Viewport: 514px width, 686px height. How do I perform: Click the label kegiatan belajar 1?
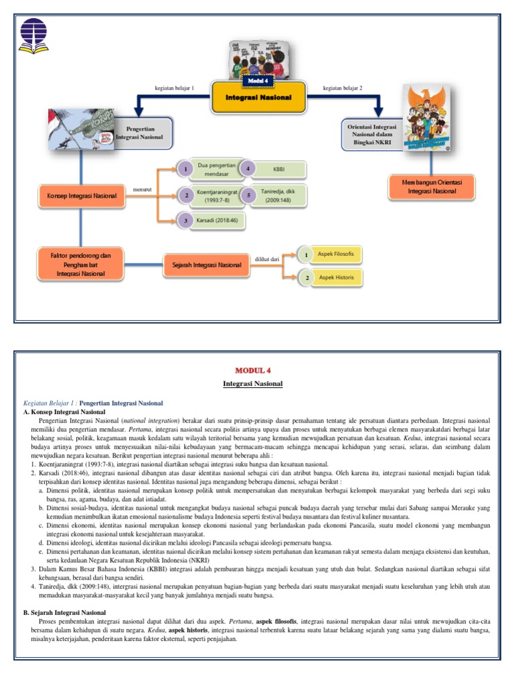click(174, 88)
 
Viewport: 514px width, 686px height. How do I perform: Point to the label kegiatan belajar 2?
click(342, 88)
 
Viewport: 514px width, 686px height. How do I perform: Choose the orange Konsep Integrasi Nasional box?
click(81, 196)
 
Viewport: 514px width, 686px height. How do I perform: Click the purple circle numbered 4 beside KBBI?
click(248, 169)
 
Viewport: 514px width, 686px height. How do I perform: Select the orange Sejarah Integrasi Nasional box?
click(202, 265)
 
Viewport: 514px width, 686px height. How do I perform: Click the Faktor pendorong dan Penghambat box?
click(81, 265)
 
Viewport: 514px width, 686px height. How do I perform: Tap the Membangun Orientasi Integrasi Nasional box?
click(432, 187)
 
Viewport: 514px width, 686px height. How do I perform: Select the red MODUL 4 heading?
click(252, 370)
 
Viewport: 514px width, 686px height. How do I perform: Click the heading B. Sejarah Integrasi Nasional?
click(64, 612)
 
